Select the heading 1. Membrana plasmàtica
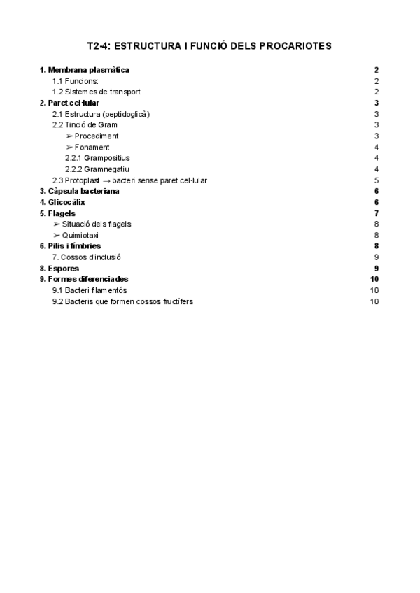(x=85, y=70)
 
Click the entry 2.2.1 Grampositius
(x=97, y=158)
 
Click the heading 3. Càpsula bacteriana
(x=79, y=191)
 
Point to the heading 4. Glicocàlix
(x=62, y=202)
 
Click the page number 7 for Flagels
(x=377, y=213)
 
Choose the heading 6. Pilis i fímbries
(x=70, y=245)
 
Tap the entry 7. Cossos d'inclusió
(x=86, y=257)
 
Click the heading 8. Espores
(x=59, y=268)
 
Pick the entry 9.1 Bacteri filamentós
(x=90, y=290)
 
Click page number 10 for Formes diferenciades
(x=374, y=279)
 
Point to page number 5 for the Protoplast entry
(x=377, y=180)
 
